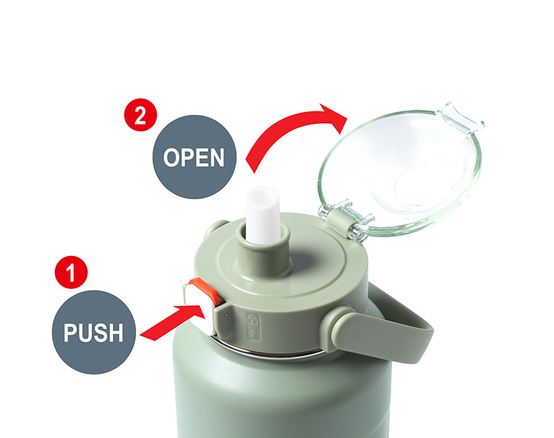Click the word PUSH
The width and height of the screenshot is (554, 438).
(94, 333)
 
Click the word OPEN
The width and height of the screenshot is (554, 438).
(194, 157)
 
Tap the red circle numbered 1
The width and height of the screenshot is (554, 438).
(71, 272)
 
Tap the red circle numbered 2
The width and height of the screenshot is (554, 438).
(141, 115)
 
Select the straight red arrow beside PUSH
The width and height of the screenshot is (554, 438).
(173, 322)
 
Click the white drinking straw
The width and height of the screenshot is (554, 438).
(263, 215)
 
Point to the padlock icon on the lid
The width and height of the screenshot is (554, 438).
(252, 320)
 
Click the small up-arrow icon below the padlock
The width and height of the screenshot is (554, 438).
(253, 333)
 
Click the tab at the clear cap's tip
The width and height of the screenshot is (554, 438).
(460, 118)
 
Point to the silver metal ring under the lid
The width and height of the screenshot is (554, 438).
(269, 350)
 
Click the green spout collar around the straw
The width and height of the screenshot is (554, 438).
(263, 253)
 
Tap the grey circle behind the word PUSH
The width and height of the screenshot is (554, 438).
(94, 333)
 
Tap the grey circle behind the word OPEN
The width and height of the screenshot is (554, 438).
(194, 157)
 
